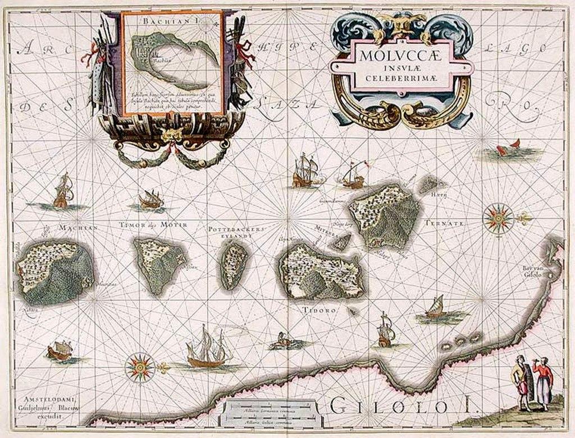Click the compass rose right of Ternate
(x=496, y=217)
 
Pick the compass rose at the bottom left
(x=139, y=367)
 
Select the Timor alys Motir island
(x=158, y=264)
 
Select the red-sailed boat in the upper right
(x=508, y=148)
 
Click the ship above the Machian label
(x=63, y=191)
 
